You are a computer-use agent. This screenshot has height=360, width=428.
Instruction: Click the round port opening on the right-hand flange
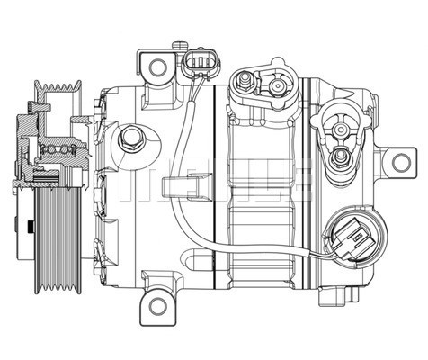[340, 128]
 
